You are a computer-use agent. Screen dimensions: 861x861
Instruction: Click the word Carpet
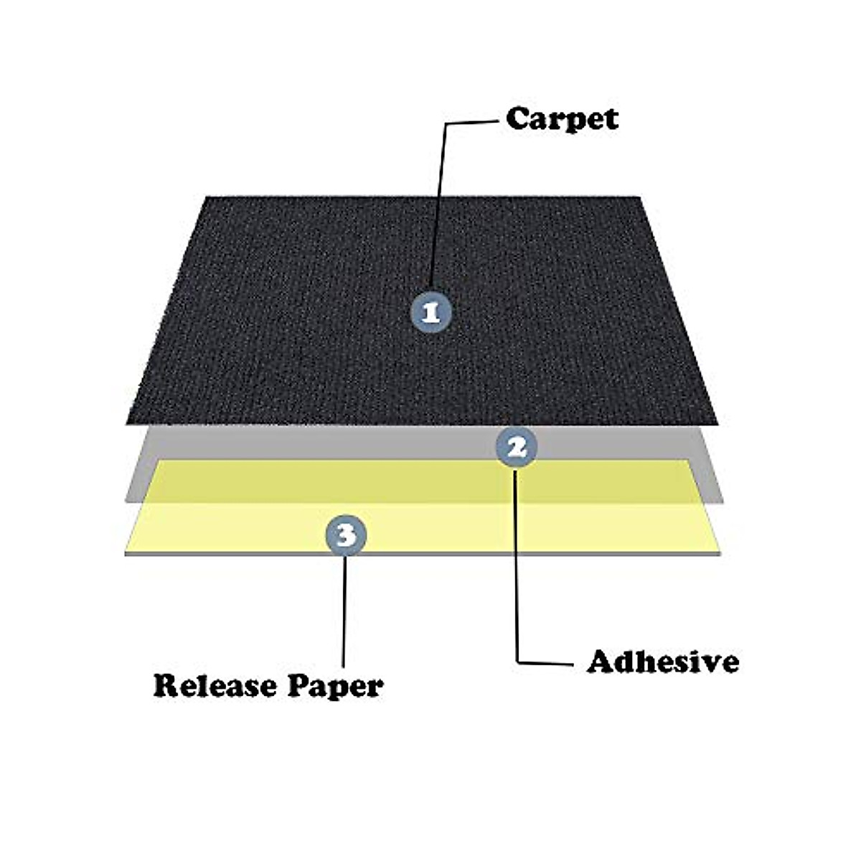[562, 120]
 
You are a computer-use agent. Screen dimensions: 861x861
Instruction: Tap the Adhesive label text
[663, 662]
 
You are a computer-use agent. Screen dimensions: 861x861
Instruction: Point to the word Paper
[335, 687]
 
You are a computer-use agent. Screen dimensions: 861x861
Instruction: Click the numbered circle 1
[430, 313]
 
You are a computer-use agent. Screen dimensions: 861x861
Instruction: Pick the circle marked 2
[517, 448]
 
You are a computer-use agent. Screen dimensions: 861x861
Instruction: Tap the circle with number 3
[346, 535]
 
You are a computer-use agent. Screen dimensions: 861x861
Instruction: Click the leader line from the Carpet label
[438, 201]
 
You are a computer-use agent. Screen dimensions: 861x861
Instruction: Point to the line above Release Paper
[344, 610]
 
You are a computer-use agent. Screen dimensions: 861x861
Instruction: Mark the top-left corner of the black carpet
[207, 197]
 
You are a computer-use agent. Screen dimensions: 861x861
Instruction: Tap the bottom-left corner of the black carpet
[127, 423]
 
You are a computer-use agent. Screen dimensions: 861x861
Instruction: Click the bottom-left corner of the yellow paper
[126, 553]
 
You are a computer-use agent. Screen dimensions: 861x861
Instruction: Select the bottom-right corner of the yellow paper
[720, 553]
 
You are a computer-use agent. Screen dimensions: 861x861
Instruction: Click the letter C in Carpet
[518, 118]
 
